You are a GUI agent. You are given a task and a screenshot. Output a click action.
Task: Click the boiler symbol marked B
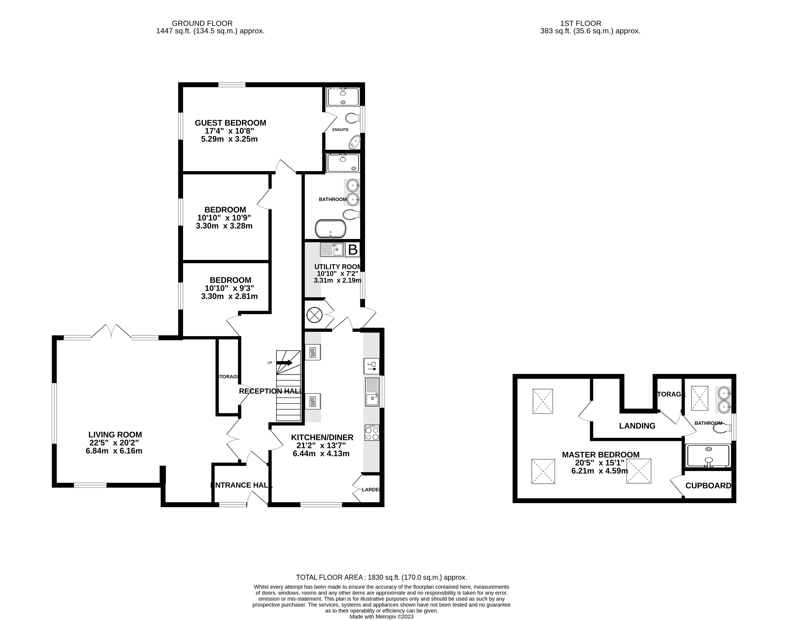[352, 250]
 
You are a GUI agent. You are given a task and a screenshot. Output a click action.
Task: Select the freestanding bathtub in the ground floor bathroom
[330, 229]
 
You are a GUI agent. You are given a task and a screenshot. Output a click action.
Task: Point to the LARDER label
[370, 490]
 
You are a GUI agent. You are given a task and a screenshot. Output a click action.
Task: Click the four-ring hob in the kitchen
[372, 433]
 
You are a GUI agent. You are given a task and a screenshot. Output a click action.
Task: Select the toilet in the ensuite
[352, 118]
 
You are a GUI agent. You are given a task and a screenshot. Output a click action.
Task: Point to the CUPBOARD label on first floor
[708, 486]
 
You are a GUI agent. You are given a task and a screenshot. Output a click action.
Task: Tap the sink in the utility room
[331, 250]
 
